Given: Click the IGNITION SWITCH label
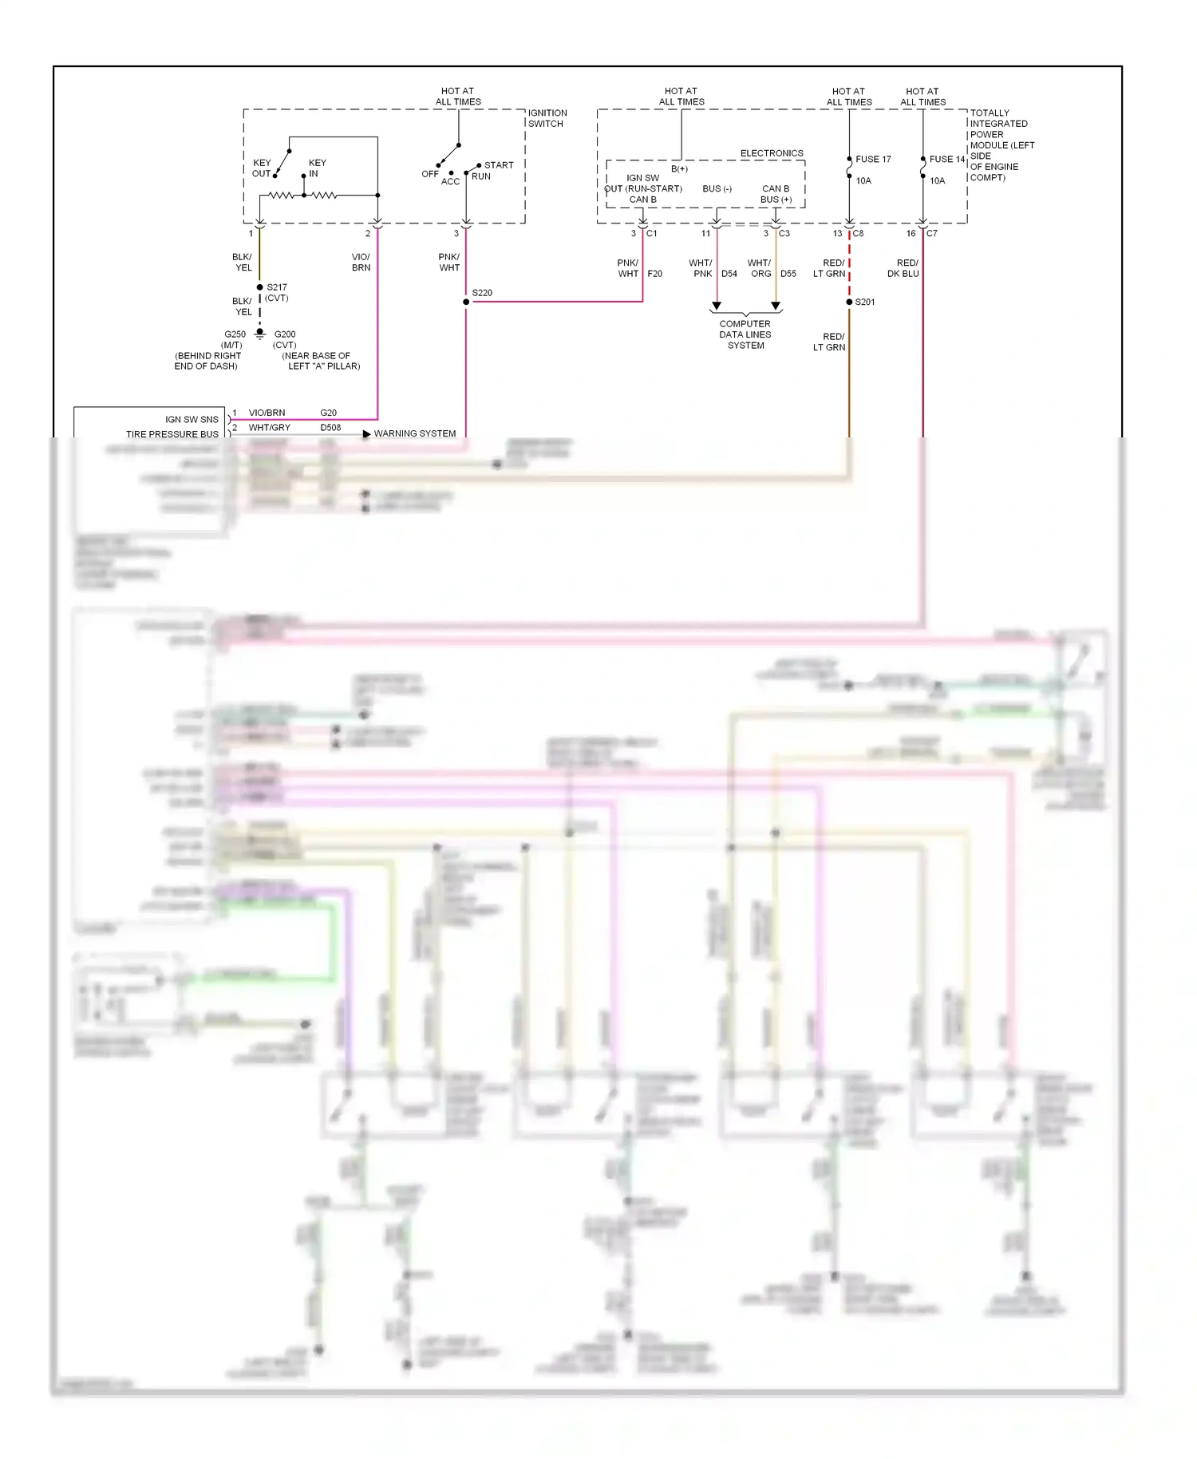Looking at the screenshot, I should [x=547, y=118].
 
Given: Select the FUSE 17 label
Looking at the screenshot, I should [x=873, y=159].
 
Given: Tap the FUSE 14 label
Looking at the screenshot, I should [x=946, y=159].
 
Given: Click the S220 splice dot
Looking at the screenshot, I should [x=466, y=302].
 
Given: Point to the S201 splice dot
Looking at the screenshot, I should [x=849, y=302].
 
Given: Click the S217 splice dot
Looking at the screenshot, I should [x=259, y=287].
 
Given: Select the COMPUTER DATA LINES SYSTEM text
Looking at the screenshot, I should [x=745, y=334].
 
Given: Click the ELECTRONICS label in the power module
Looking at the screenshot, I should [x=772, y=153].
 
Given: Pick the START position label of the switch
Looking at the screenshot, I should [x=499, y=165].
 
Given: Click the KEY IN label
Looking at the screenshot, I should [x=317, y=168].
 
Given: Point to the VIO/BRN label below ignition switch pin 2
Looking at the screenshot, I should [x=361, y=263].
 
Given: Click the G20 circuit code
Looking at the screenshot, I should [x=328, y=413].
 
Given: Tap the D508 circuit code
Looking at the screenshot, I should [x=330, y=427].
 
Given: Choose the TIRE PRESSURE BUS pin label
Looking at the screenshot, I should [x=172, y=434].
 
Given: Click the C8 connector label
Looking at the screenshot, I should [x=858, y=233].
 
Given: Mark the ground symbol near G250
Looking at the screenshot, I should [x=259, y=334].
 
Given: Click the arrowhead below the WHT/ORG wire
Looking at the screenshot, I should [x=775, y=306].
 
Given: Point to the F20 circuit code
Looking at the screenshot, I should [x=654, y=274].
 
